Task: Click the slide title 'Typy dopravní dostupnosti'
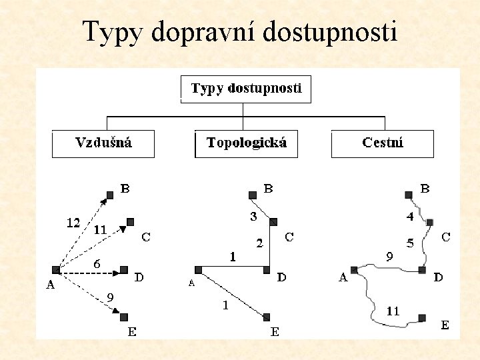click(x=240, y=31)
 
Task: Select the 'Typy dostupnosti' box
click(x=246, y=89)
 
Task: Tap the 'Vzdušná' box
click(x=103, y=143)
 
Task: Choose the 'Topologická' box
click(x=246, y=143)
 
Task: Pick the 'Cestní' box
click(x=383, y=143)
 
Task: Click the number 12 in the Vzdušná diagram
click(x=73, y=223)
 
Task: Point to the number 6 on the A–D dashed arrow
click(x=97, y=264)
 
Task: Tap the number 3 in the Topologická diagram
click(x=253, y=217)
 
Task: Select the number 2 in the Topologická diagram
click(x=259, y=243)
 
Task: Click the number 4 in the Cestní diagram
click(x=411, y=217)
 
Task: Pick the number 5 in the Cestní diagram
click(x=411, y=243)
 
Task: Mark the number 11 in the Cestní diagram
click(x=393, y=310)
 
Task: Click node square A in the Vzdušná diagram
click(x=57, y=271)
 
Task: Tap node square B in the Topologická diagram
click(x=252, y=195)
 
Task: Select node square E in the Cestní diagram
click(x=422, y=317)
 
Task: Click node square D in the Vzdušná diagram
click(x=124, y=270)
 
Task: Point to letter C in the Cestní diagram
click(x=446, y=237)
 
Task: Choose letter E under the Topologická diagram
click(x=274, y=331)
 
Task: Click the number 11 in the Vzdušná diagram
click(x=100, y=229)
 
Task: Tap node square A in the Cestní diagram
click(x=354, y=270)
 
